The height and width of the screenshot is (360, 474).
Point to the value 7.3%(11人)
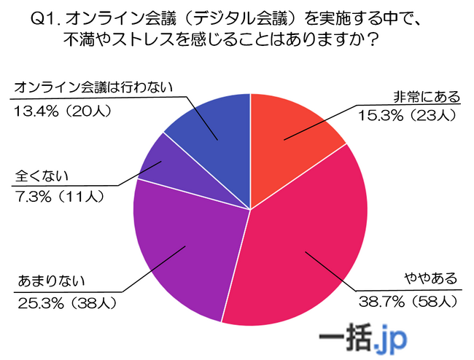pos(59,195)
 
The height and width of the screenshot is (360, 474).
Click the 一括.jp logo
pos(365,337)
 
